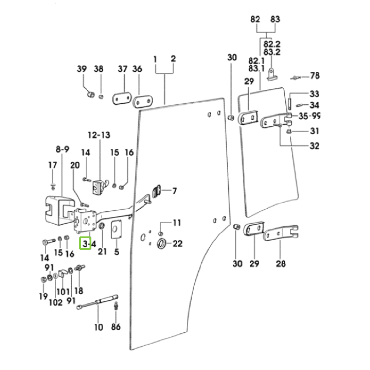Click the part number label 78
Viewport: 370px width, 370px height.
pos(314,76)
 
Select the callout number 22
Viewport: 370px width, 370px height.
pos(178,243)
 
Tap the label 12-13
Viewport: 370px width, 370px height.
pos(99,135)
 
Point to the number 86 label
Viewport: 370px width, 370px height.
pos(116,327)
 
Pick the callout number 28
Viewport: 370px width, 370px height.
pos(281,263)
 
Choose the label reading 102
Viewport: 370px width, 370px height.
pos(55,302)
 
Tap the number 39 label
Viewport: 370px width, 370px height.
pos(82,69)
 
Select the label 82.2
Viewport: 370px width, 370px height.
pos(272,44)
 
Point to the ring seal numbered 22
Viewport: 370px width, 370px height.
pos(162,244)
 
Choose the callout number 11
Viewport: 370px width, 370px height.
pos(177,223)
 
